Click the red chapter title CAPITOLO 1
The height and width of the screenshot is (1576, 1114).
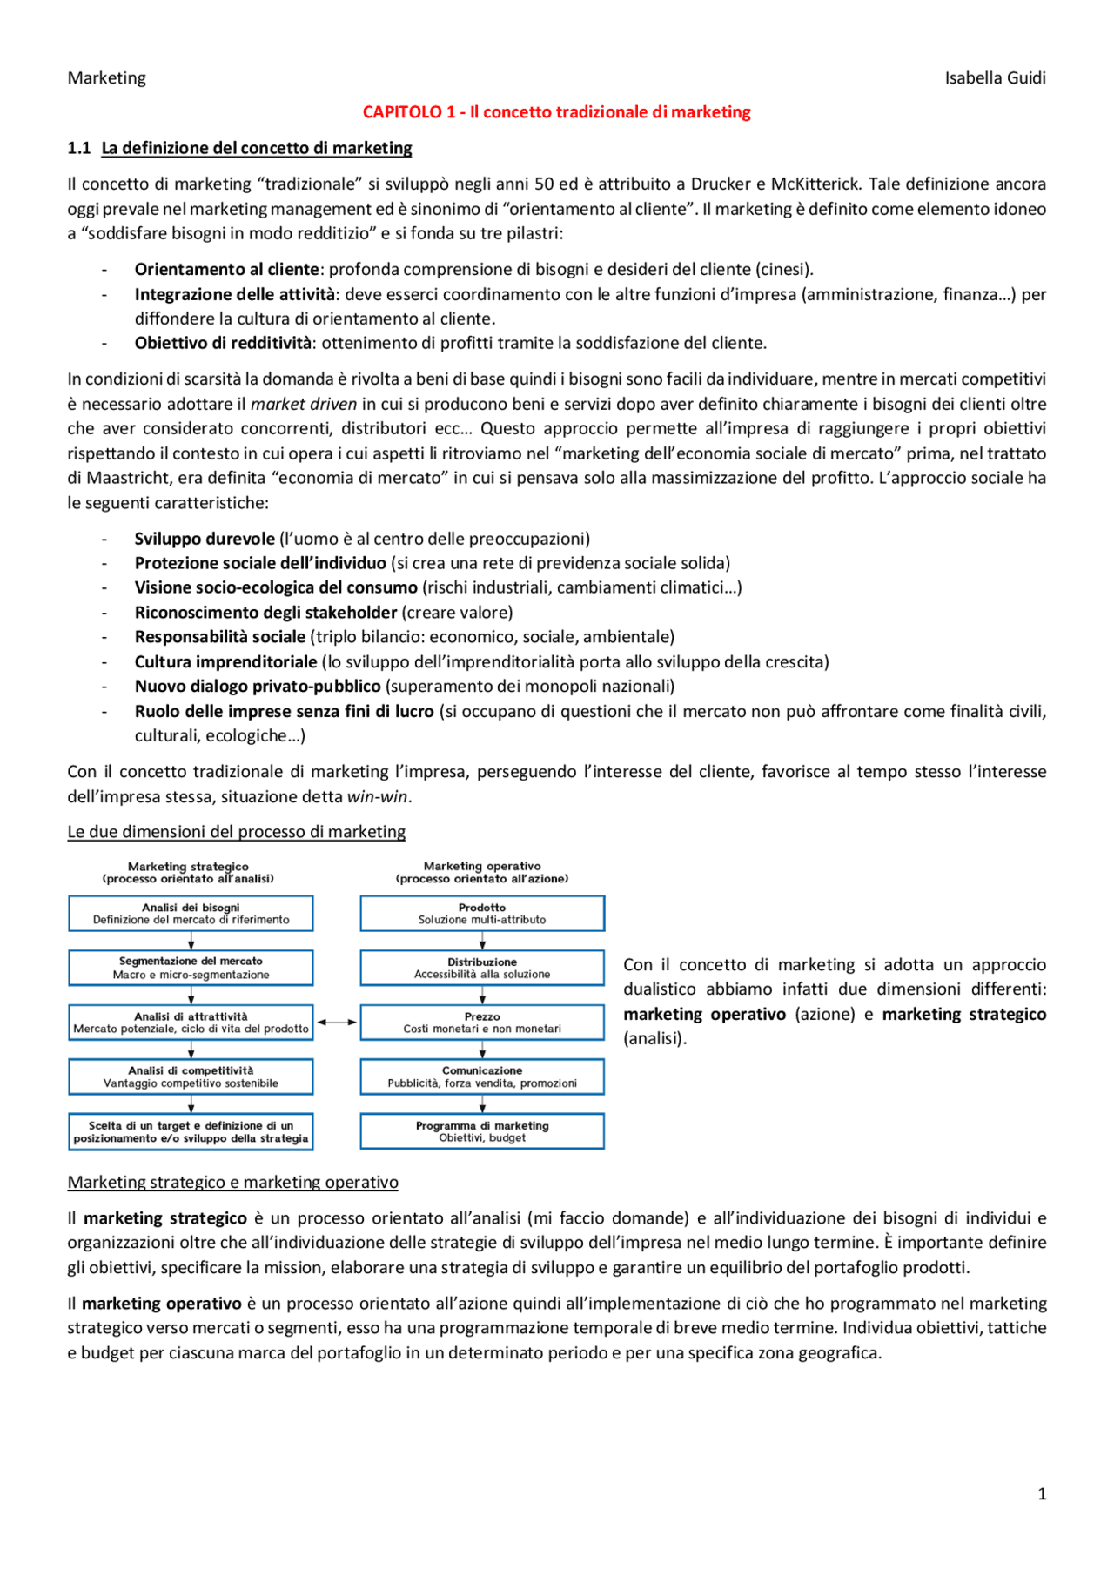click(x=556, y=112)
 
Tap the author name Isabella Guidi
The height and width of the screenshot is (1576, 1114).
click(x=995, y=78)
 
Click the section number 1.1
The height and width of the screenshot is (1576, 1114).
click(x=78, y=148)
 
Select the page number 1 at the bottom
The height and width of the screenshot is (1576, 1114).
click(x=1042, y=1494)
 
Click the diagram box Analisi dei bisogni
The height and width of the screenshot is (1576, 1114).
click(x=191, y=914)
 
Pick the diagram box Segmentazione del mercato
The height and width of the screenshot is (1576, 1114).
click(x=191, y=968)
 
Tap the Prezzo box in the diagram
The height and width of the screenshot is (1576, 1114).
click(x=482, y=1023)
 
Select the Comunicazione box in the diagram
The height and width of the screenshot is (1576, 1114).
click(x=482, y=1076)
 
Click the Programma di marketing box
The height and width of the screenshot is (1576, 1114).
click(x=482, y=1131)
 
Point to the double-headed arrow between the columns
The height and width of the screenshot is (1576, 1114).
click(x=337, y=1023)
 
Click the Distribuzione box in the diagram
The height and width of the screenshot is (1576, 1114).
click(x=482, y=968)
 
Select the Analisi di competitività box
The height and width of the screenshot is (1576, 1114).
click(x=191, y=1076)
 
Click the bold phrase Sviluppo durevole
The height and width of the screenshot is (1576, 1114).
click(x=205, y=539)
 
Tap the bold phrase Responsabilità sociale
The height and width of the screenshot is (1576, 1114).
click(x=220, y=637)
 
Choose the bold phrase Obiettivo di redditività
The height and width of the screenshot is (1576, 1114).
click(x=223, y=343)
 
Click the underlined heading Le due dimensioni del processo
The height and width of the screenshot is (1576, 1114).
click(x=237, y=832)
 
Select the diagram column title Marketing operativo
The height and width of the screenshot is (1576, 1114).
click(x=482, y=867)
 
